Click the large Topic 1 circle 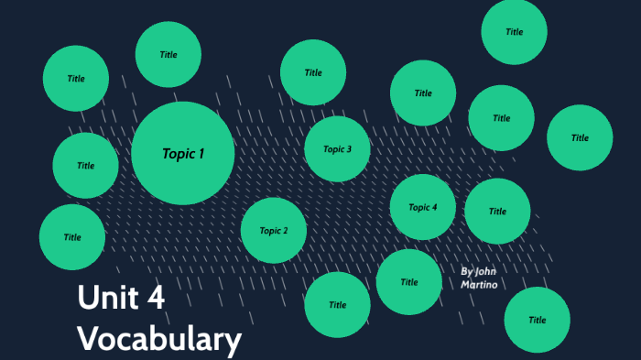(182, 153)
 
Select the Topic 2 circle (274, 231)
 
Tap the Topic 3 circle (337, 149)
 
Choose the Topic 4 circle (423, 207)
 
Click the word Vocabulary (159, 339)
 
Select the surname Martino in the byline (480, 286)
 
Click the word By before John (466, 271)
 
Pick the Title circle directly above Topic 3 (313, 72)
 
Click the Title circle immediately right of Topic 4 (497, 211)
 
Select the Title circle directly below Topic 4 (409, 282)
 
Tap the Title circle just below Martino (538, 320)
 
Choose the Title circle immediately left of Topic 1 (85, 166)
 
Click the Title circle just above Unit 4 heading (72, 237)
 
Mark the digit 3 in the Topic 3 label (349, 149)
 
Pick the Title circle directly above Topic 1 (168, 55)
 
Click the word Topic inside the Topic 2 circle (269, 231)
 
